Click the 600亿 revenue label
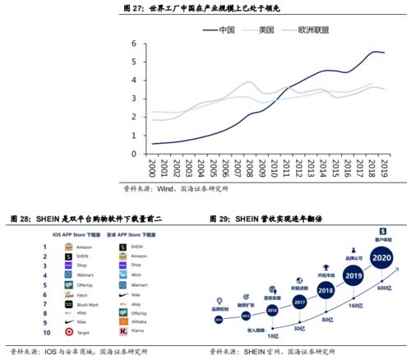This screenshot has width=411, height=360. point(383,286)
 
